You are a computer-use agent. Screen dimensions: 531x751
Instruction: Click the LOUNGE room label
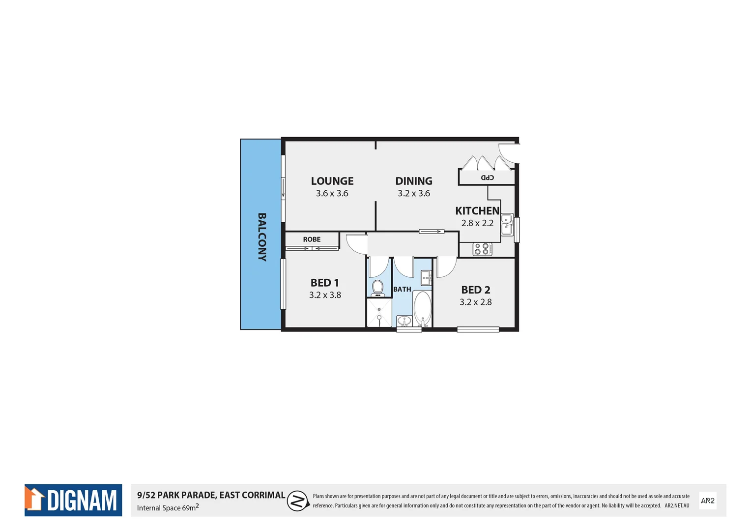click(332, 181)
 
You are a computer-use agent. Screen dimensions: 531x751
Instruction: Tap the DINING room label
click(414, 181)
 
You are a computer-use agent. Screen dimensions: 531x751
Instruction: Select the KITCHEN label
click(477, 211)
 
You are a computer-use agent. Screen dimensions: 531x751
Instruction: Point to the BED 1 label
click(324, 283)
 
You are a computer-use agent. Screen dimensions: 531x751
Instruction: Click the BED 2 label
click(475, 290)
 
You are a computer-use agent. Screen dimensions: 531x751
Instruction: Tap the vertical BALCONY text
click(262, 237)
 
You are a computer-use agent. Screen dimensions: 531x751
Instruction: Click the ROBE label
click(312, 239)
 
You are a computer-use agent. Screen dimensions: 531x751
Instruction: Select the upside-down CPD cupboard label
click(487, 177)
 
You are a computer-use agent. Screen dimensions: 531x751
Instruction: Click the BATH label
click(402, 289)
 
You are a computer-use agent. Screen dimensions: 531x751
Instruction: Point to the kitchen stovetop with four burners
click(482, 249)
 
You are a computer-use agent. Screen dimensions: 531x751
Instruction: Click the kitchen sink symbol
click(507, 225)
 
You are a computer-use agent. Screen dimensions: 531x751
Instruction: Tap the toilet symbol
click(377, 288)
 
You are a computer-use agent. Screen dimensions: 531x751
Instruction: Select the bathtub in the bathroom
click(422, 308)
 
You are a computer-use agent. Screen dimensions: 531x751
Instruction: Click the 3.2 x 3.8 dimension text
click(325, 295)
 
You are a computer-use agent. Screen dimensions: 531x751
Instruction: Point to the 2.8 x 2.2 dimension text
click(477, 223)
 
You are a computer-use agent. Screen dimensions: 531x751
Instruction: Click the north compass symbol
click(297, 501)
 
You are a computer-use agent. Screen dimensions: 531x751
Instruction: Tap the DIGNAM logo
click(73, 500)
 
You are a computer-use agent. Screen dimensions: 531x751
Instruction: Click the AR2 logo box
click(707, 501)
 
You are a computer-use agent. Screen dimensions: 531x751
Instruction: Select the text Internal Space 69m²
click(168, 507)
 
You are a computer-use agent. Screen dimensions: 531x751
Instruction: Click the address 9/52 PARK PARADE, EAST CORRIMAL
click(211, 495)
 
